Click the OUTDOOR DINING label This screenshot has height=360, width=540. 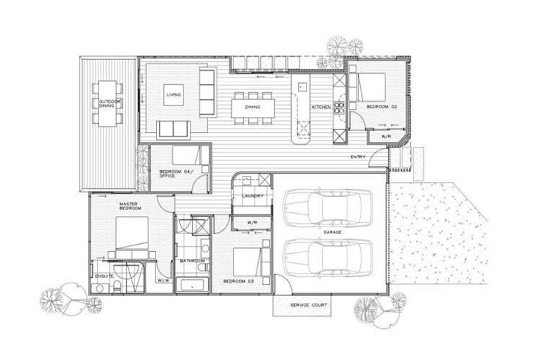(x=110, y=104)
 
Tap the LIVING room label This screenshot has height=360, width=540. (x=174, y=94)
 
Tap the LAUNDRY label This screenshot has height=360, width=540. (x=252, y=196)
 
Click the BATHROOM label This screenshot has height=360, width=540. (x=191, y=261)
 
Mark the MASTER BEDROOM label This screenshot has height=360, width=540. (x=128, y=207)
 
